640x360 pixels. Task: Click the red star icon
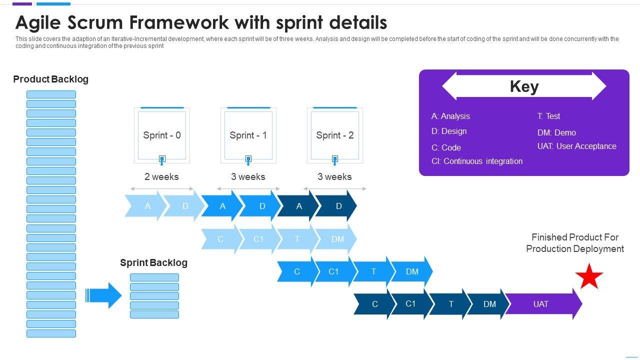589,276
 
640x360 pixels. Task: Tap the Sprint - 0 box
162,135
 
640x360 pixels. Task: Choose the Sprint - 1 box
248,135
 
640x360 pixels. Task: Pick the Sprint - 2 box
335,135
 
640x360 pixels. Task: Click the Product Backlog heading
50,79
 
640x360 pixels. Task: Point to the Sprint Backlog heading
153,262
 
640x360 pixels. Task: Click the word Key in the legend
524,86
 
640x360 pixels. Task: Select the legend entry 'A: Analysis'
450,116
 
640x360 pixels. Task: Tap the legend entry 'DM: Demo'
556,132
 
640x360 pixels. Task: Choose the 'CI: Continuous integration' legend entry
477,161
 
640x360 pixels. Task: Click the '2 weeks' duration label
161,176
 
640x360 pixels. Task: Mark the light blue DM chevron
337,239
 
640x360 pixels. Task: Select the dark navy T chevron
450,304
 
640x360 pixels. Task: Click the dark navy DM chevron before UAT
489,304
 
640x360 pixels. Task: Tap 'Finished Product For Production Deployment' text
575,243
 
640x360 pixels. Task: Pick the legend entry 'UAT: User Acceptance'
576,146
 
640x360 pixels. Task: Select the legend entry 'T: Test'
548,116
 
